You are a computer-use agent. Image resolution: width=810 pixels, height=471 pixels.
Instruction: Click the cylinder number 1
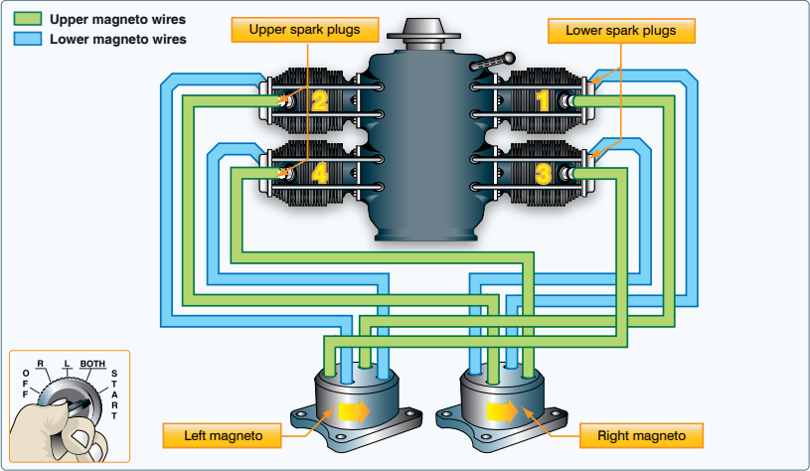click(x=542, y=100)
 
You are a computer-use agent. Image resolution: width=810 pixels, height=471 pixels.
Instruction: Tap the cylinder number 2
click(x=319, y=100)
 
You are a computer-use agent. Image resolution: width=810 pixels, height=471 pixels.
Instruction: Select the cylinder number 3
click(x=542, y=174)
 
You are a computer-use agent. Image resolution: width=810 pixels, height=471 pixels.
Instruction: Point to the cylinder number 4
click(x=319, y=173)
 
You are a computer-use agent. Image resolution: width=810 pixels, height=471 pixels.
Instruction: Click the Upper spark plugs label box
click(x=310, y=30)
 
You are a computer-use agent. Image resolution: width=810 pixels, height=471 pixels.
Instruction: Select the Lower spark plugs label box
click(x=621, y=30)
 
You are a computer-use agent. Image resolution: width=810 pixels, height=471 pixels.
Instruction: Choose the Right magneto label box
click(x=640, y=435)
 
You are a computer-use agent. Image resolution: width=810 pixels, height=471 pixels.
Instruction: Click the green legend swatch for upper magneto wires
click(x=27, y=19)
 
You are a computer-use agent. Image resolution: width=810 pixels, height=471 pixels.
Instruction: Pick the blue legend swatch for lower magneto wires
click(x=27, y=40)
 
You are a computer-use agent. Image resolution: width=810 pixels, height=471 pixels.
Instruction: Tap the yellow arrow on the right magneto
click(x=503, y=409)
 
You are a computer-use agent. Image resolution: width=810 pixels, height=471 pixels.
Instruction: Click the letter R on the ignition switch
click(x=40, y=364)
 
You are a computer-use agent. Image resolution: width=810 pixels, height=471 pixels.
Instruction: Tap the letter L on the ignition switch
click(x=66, y=365)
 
